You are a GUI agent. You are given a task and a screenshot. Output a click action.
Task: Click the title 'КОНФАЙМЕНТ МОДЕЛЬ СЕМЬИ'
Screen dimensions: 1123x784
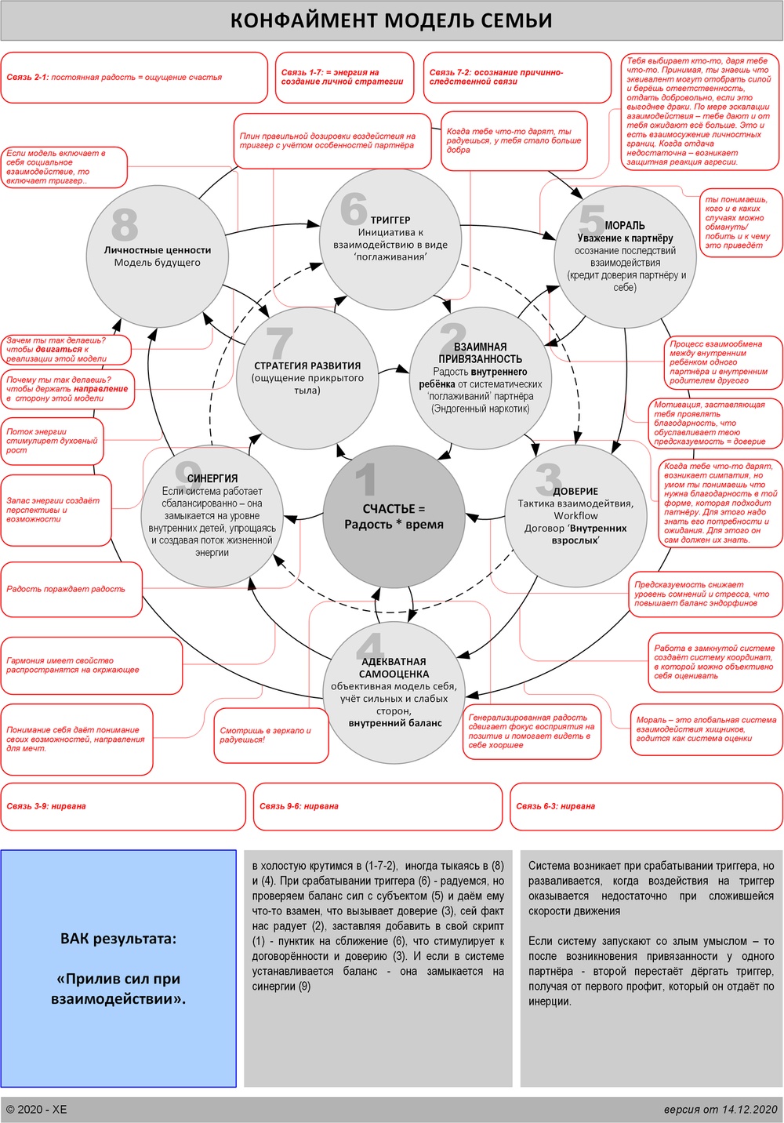pyautogui.click(x=391, y=21)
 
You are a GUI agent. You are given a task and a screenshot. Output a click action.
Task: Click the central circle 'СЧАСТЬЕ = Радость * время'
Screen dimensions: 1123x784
pyautogui.click(x=394, y=517)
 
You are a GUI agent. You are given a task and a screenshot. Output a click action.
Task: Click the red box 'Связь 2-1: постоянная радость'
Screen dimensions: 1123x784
pyautogui.click(x=134, y=78)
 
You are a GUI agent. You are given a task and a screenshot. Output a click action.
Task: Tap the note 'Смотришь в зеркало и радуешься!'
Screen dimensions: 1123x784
pyautogui.click(x=270, y=735)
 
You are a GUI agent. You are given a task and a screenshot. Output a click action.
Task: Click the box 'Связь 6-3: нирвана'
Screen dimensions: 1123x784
pyautogui.click(x=644, y=806)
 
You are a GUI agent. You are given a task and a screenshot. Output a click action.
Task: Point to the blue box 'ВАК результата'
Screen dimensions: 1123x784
pyautogui.click(x=118, y=969)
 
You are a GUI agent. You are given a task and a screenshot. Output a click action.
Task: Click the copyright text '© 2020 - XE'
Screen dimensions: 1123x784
pyautogui.click(x=37, y=1109)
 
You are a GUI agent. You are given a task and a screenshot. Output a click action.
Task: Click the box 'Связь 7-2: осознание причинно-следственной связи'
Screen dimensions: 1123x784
pyautogui.click(x=516, y=77)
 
